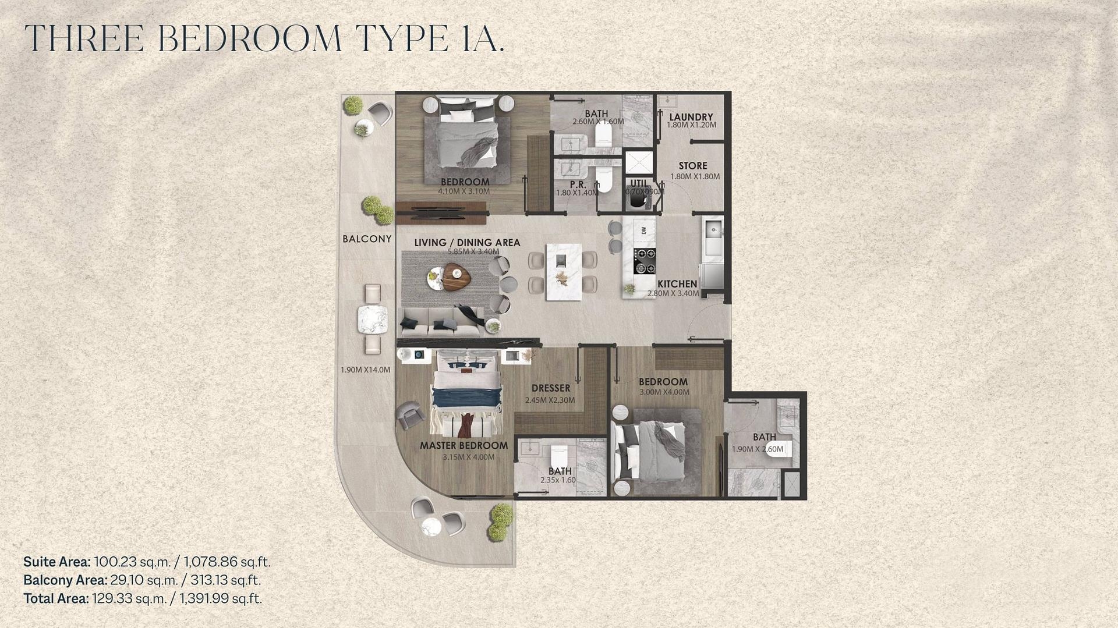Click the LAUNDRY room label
[x=691, y=117]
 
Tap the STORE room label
[x=693, y=166]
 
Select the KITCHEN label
[x=677, y=284]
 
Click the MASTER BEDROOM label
[x=464, y=446]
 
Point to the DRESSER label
[x=551, y=388]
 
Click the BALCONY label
[x=367, y=239]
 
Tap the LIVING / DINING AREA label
[x=467, y=243]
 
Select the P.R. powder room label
[x=578, y=185]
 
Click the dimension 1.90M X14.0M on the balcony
[x=366, y=370]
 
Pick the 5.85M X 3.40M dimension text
[x=473, y=252]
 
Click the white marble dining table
[x=563, y=272]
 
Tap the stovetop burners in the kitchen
[x=645, y=260]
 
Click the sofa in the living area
[x=443, y=322]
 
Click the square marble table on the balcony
[x=373, y=320]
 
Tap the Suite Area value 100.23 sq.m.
[x=132, y=562]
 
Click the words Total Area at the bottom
[x=56, y=598]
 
